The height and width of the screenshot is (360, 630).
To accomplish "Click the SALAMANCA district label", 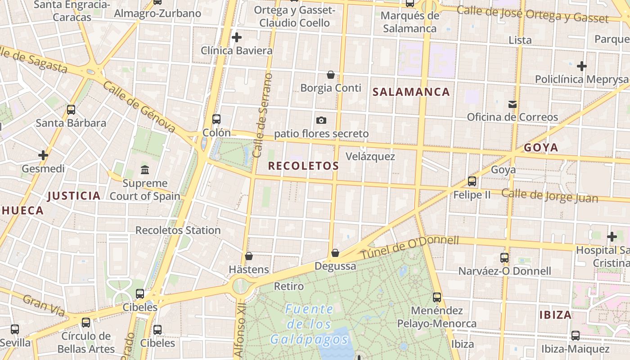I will point(411,92).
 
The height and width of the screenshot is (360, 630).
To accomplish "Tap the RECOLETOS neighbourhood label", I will point(303,166).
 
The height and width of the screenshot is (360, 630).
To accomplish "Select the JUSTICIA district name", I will point(74,196).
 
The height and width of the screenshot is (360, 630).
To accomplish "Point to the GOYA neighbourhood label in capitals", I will point(541,148).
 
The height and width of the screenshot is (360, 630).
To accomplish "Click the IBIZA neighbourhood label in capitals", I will point(556,315).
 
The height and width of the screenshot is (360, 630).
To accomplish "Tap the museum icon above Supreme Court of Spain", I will point(145,170).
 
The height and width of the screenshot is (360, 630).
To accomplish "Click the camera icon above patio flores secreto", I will point(321,120).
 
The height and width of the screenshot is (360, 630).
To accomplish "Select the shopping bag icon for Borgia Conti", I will point(331,75).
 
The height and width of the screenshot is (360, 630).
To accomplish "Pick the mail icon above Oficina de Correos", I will point(512,104).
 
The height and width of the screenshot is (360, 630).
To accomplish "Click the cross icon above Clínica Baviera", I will point(236,37).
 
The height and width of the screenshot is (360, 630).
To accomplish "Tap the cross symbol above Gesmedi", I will point(43,156).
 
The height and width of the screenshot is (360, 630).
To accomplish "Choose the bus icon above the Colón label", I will point(216,119).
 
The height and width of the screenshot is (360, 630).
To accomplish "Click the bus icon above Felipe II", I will point(472,181).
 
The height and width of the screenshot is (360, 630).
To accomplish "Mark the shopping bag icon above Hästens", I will point(249,256).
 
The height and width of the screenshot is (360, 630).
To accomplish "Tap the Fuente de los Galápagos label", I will point(310,324).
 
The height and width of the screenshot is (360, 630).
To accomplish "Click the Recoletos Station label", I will point(178,230).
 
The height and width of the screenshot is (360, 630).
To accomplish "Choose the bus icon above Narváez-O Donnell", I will point(504,258).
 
